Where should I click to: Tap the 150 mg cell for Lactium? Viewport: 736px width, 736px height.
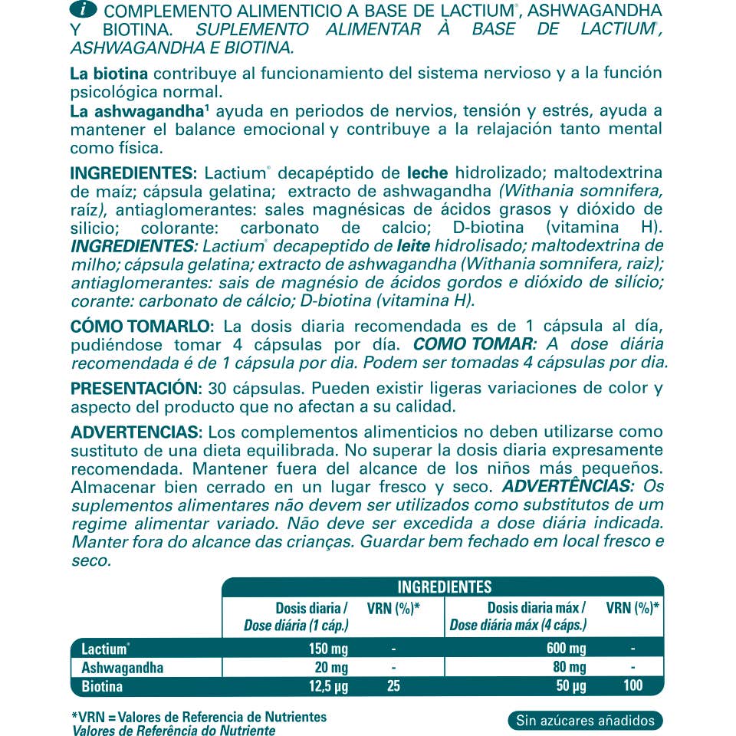tap(330, 649)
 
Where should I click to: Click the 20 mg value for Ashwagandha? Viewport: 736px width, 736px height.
tap(333, 667)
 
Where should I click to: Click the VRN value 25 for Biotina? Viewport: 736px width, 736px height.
tap(393, 685)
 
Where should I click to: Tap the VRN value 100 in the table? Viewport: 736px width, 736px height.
tap(632, 685)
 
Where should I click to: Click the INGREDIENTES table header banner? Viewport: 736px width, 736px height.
tap(444, 587)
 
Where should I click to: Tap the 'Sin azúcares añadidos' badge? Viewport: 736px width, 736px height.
tap(585, 720)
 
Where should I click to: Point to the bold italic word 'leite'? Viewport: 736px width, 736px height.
tap(413, 246)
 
